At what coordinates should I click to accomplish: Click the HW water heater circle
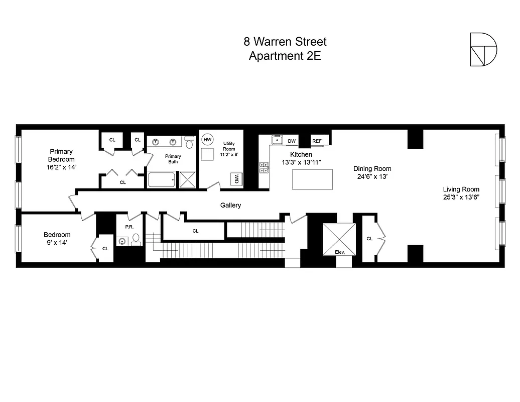pyautogui.click(x=207, y=139)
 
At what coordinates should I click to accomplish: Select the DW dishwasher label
pyautogui.click(x=292, y=141)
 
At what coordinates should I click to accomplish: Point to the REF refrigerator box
pyautogui.click(x=317, y=141)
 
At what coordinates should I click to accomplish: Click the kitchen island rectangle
pyautogui.click(x=312, y=179)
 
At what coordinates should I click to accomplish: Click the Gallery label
pyautogui.click(x=231, y=205)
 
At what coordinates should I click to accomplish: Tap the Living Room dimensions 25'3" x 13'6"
pyautogui.click(x=461, y=197)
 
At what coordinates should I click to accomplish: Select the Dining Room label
pyautogui.click(x=372, y=169)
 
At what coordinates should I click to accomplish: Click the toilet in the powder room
pyautogui.click(x=136, y=238)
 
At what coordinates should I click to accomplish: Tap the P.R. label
pyautogui.click(x=128, y=227)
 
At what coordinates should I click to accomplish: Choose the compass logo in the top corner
pyautogui.click(x=483, y=49)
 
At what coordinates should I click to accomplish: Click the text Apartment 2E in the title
pyautogui.click(x=285, y=56)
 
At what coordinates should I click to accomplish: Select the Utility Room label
pyautogui.click(x=229, y=146)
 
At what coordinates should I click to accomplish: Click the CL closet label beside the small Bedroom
pyautogui.click(x=105, y=248)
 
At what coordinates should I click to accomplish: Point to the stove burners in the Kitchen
pyautogui.click(x=264, y=167)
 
